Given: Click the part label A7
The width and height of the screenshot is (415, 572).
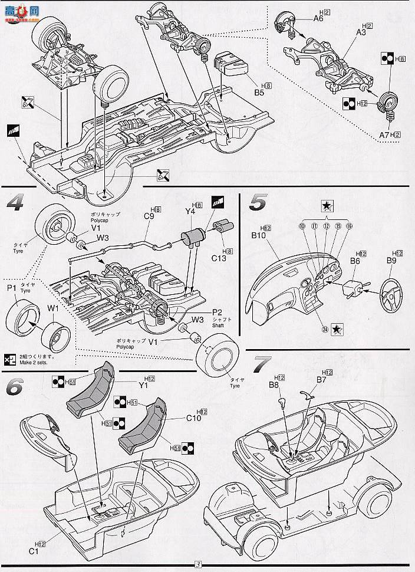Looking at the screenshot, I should pos(384,135).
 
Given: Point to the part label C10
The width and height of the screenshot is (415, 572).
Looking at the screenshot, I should pos(194,418).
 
